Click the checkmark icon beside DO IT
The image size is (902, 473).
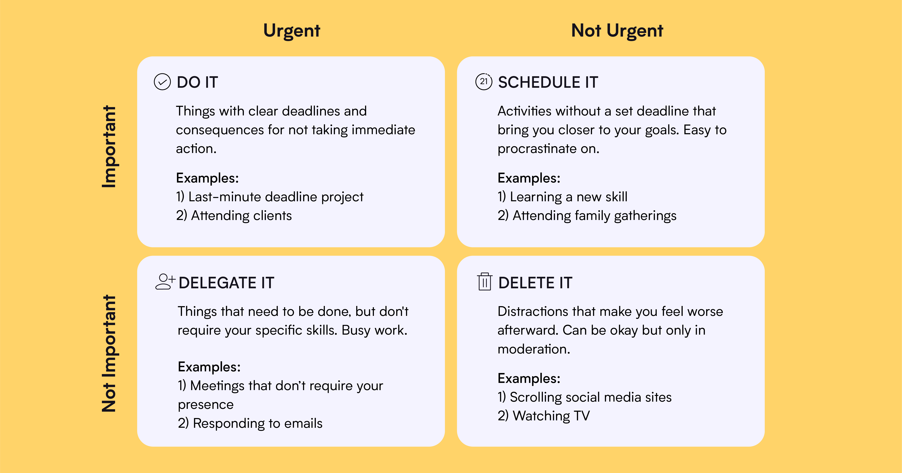click(162, 82)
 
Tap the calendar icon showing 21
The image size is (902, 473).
click(484, 82)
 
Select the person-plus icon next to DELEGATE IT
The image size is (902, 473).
click(164, 282)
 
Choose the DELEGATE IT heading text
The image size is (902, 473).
click(226, 283)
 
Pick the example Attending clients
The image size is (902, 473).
click(234, 216)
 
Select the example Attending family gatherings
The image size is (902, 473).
click(587, 216)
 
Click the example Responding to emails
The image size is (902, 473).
click(250, 423)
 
